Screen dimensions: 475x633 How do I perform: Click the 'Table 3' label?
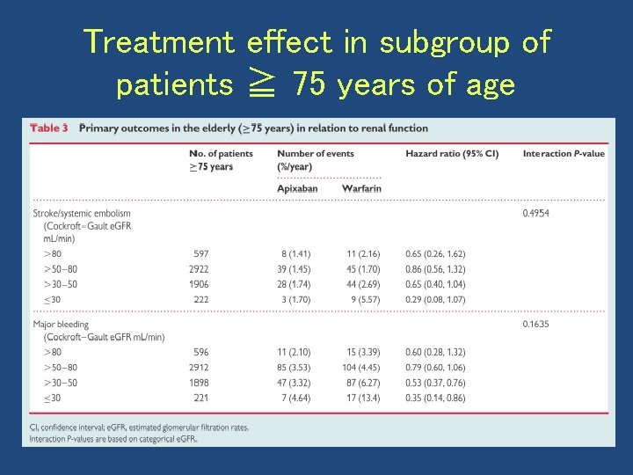(x=49, y=128)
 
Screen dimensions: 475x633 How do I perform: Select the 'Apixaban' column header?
(x=297, y=188)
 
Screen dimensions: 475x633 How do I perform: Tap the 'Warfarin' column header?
(x=361, y=188)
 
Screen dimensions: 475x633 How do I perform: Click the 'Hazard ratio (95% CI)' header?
(x=451, y=153)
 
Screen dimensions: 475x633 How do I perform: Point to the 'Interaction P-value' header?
(x=564, y=153)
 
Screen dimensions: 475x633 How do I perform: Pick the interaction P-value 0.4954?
(x=535, y=213)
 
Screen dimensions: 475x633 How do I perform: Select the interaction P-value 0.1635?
(x=535, y=324)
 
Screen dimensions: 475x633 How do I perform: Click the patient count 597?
(x=200, y=253)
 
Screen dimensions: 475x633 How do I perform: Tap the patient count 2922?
(x=199, y=269)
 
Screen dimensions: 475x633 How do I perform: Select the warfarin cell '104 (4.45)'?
(x=361, y=368)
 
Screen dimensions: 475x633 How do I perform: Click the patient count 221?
(x=200, y=398)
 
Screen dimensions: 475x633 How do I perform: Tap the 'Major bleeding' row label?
(x=61, y=324)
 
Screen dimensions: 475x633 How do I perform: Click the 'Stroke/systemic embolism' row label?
(x=81, y=213)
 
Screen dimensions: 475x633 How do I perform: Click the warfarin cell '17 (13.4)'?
(x=362, y=398)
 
